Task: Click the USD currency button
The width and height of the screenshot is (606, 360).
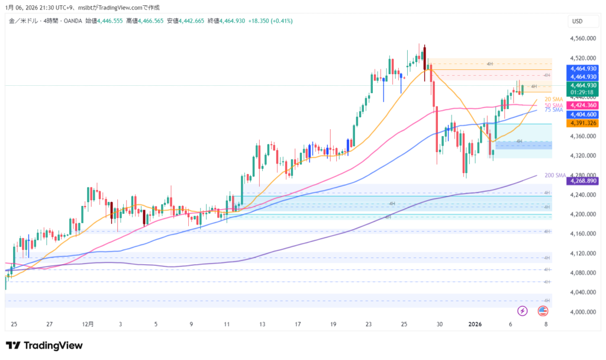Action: pos(578,21)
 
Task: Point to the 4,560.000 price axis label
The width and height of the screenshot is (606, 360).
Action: pos(582,38)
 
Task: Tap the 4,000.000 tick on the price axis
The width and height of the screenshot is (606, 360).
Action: pos(582,311)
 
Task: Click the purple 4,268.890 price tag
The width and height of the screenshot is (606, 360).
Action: pos(583,181)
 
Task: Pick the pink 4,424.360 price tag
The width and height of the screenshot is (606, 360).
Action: pos(583,105)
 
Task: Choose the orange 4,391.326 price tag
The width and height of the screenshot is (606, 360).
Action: pos(583,123)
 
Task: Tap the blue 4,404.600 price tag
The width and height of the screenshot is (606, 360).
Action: pos(583,114)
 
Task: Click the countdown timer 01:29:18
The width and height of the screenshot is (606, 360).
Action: pos(583,92)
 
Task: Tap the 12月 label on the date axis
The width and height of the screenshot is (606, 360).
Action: pos(88,324)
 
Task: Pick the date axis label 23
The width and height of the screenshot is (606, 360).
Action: pos(369,324)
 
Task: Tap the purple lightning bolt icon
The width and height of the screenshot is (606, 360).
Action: pos(523,310)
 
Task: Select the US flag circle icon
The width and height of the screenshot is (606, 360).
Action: pos(542,310)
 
